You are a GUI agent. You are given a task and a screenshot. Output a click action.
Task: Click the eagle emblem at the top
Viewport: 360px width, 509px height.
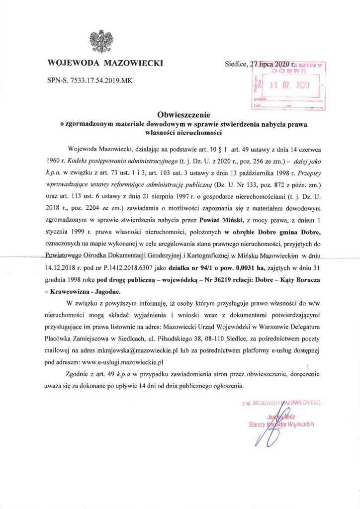coord(101,42)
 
